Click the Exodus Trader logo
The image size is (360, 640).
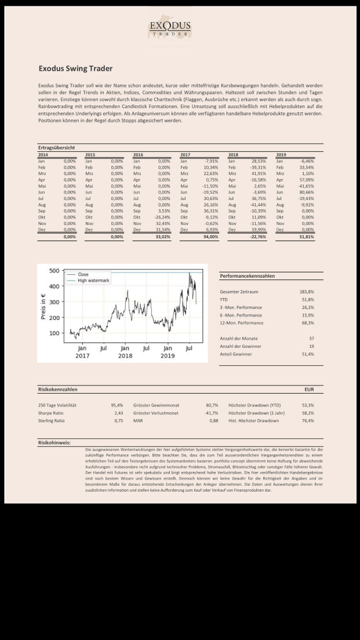[x=170, y=28]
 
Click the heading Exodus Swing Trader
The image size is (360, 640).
[x=75, y=68]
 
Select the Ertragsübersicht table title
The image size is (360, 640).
[x=56, y=148]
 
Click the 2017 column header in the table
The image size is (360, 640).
[x=185, y=155]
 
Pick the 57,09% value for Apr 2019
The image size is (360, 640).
[x=306, y=180]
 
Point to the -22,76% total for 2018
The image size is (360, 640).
[x=257, y=237]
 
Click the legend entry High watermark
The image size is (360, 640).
[x=94, y=281]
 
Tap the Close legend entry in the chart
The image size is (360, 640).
[x=83, y=274]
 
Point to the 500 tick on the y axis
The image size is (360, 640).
[x=53, y=271]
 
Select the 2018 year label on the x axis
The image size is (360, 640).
[x=125, y=355]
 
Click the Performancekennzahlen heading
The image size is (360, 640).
[x=247, y=276]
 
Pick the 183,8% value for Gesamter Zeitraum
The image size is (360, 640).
[x=307, y=292]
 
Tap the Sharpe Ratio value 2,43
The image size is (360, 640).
[x=118, y=413]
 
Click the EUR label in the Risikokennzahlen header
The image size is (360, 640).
[x=309, y=390]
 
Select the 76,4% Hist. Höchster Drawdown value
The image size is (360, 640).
[x=307, y=420]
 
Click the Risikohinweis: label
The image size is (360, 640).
[x=54, y=442]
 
